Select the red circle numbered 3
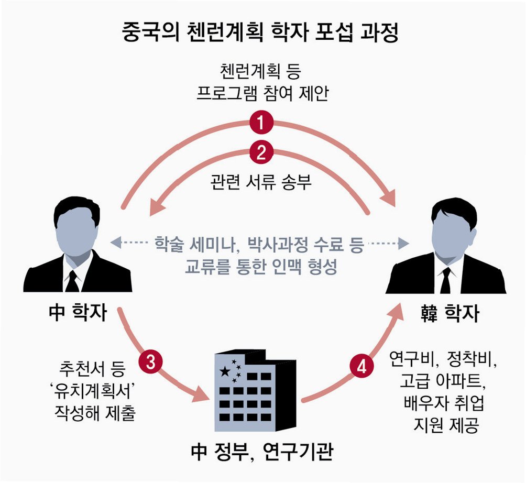coord(150,363)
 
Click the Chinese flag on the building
coord(230,370)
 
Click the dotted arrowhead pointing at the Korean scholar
coord(403,244)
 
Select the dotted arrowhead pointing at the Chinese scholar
coord(115,243)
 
